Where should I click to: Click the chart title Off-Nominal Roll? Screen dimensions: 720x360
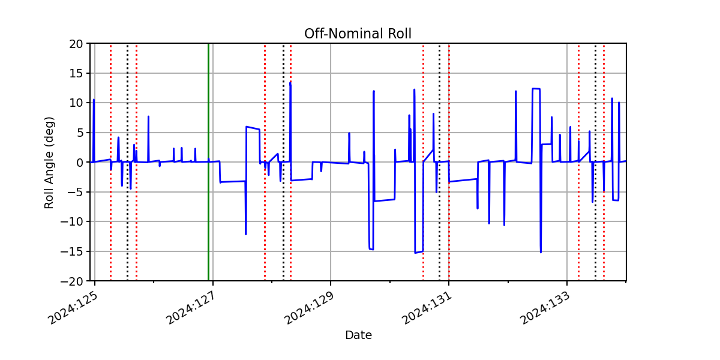tap(358, 34)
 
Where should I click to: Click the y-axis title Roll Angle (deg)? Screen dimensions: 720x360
tap(49, 163)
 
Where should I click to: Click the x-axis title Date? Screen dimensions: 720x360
tap(358, 335)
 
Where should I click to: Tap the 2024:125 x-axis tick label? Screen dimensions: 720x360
tap(73, 308)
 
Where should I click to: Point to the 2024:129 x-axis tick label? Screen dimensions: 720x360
tap(308, 308)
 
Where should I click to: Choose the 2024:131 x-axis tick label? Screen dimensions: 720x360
tap(427, 308)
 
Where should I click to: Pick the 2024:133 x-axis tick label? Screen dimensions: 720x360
tap(545, 308)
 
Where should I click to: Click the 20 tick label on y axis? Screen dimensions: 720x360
tap(76, 44)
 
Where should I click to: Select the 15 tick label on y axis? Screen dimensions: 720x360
tap(76, 74)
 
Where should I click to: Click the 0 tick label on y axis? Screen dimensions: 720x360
tap(79, 163)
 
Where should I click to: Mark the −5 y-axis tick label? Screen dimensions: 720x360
tap(75, 193)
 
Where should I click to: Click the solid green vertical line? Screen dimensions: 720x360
tap(209, 162)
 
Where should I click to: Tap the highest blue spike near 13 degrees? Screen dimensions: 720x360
tap(290, 83)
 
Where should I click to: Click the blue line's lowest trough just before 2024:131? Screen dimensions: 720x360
tap(415, 253)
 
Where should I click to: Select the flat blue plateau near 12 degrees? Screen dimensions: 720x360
tap(536, 89)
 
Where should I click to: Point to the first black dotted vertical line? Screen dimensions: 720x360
tap(128, 162)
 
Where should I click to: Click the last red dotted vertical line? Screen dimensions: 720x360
tap(604, 162)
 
